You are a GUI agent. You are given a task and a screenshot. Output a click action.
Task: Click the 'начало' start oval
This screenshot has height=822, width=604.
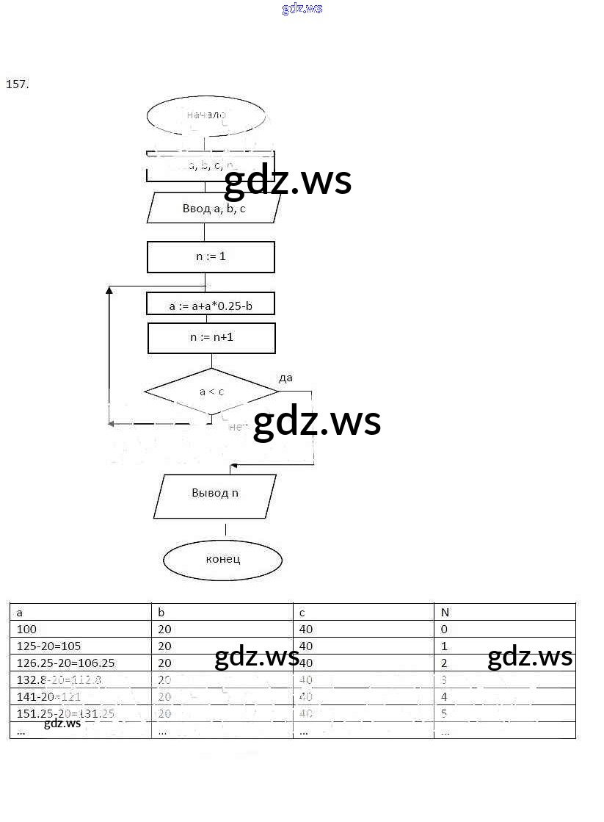206,115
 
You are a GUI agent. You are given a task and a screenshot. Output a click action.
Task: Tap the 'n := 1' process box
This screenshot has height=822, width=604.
211,257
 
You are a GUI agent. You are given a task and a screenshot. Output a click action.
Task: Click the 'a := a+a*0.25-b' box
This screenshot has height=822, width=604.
211,305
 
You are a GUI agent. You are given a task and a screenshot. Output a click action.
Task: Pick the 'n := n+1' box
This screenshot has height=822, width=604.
211,338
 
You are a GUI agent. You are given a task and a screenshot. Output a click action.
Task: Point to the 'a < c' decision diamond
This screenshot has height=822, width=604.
211,392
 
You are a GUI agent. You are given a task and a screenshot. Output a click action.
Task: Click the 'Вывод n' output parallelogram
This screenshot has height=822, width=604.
215,493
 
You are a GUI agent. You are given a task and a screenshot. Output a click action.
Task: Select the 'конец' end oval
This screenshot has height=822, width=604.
222,559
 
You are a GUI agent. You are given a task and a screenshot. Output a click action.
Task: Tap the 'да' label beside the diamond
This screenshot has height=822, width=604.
285,378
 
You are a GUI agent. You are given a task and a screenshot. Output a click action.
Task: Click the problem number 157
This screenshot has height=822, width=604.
17,84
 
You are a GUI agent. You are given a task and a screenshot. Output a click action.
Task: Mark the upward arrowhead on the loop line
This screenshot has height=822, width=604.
109,291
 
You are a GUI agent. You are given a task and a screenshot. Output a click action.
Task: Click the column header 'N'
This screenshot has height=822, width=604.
445,612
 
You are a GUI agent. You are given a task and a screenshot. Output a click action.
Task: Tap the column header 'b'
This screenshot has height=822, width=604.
161,612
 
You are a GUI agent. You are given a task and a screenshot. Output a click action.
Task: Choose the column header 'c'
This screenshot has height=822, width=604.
303,612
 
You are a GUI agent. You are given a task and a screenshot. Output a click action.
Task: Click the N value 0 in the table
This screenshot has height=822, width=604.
444,630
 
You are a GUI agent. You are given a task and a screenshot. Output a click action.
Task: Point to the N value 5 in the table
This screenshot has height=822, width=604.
444,713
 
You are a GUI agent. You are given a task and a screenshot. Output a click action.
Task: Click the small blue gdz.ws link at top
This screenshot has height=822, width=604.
302,9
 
